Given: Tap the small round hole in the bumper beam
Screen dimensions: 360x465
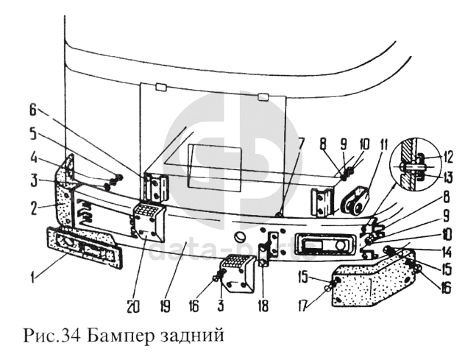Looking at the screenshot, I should coord(240,238).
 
